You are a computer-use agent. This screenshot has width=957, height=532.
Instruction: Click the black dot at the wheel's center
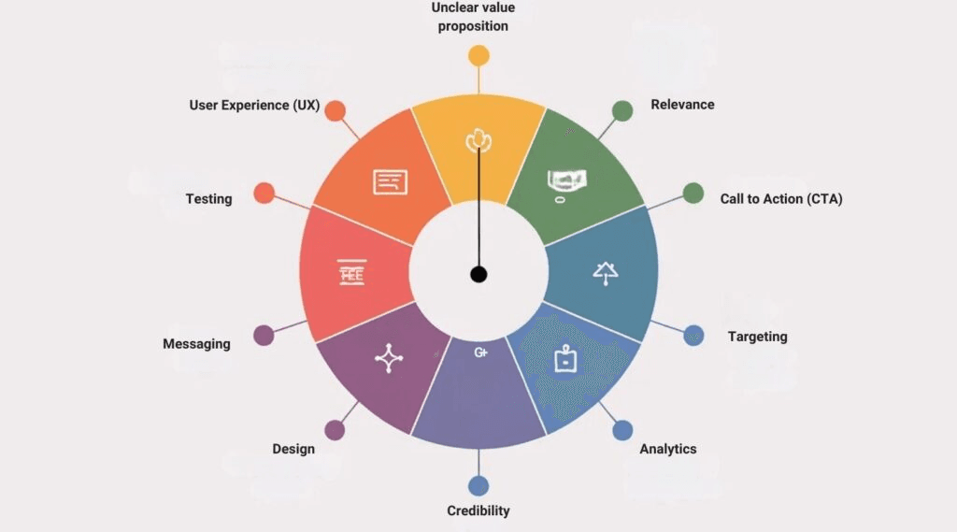[478, 274]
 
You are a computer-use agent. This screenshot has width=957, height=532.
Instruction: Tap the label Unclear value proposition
[473, 17]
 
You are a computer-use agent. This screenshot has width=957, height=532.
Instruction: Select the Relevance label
[682, 105]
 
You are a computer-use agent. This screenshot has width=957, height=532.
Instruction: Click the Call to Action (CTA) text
[781, 199]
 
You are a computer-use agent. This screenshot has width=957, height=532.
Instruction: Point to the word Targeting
[758, 337]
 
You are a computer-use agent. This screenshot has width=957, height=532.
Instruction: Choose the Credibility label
[478, 510]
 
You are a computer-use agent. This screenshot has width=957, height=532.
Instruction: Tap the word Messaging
[196, 344]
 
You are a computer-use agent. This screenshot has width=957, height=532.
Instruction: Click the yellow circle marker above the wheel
[478, 55]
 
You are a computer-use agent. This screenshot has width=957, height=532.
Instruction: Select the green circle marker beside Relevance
[622, 110]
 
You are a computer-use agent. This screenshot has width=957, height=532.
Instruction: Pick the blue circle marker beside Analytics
[622, 430]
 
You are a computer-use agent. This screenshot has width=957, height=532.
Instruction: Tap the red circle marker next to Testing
[264, 193]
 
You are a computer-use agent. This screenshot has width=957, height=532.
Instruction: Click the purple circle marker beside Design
[335, 430]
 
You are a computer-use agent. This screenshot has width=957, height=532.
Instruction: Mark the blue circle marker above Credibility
[478, 485]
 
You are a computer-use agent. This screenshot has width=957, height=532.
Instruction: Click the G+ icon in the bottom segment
[481, 352]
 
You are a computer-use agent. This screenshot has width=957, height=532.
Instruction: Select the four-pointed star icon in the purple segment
[389, 358]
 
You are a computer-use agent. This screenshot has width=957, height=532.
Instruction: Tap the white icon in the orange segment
[390, 181]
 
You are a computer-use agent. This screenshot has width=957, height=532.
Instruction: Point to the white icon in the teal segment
[605, 272]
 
